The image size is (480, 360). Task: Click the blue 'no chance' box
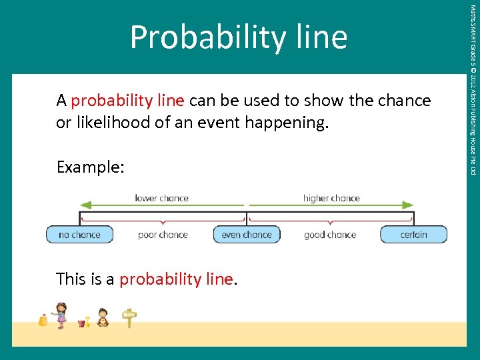tap(79, 235)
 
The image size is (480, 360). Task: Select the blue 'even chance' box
tap(247, 235)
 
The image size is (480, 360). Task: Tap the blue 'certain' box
tap(413, 235)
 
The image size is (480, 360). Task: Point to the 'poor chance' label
tap(163, 235)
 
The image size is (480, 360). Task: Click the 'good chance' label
tap(330, 235)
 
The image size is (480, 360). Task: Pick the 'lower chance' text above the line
tap(161, 198)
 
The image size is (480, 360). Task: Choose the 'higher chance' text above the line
tap(331, 198)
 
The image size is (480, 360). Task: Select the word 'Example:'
tap(91, 167)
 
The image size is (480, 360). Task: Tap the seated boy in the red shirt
tap(103, 317)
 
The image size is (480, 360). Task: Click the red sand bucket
tap(82, 323)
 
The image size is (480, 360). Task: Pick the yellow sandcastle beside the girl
tap(43, 320)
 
